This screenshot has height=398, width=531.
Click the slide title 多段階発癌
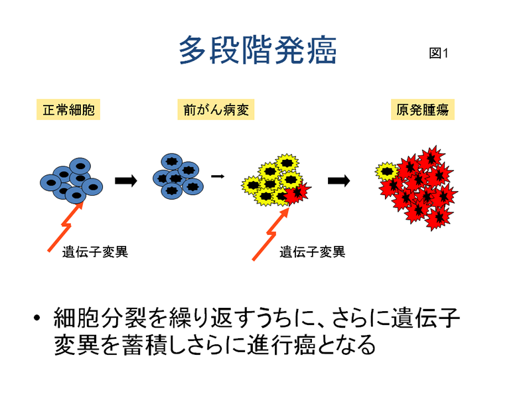[x=258, y=50]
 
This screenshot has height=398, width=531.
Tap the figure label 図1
[x=439, y=53]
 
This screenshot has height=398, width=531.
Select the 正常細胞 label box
[x=68, y=109]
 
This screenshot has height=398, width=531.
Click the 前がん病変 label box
[x=216, y=109]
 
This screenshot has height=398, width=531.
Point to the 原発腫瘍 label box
[x=423, y=109]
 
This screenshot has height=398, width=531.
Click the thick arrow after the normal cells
[x=126, y=180]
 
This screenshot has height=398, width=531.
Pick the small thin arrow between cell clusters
[x=218, y=176]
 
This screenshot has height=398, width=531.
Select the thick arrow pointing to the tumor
[x=339, y=180]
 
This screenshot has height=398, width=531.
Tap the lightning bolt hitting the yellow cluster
[x=271, y=233]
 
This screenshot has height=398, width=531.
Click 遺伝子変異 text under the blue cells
[x=95, y=252]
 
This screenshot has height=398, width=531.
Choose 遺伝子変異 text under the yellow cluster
[x=313, y=252]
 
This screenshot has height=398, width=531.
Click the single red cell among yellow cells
[x=297, y=194]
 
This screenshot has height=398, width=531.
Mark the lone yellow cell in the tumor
[x=387, y=171]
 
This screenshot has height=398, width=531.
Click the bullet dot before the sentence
[x=37, y=318]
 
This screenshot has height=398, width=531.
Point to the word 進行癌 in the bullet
[x=282, y=344]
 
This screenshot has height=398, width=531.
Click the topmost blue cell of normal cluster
[x=80, y=166]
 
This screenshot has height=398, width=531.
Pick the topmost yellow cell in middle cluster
[x=287, y=163]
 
